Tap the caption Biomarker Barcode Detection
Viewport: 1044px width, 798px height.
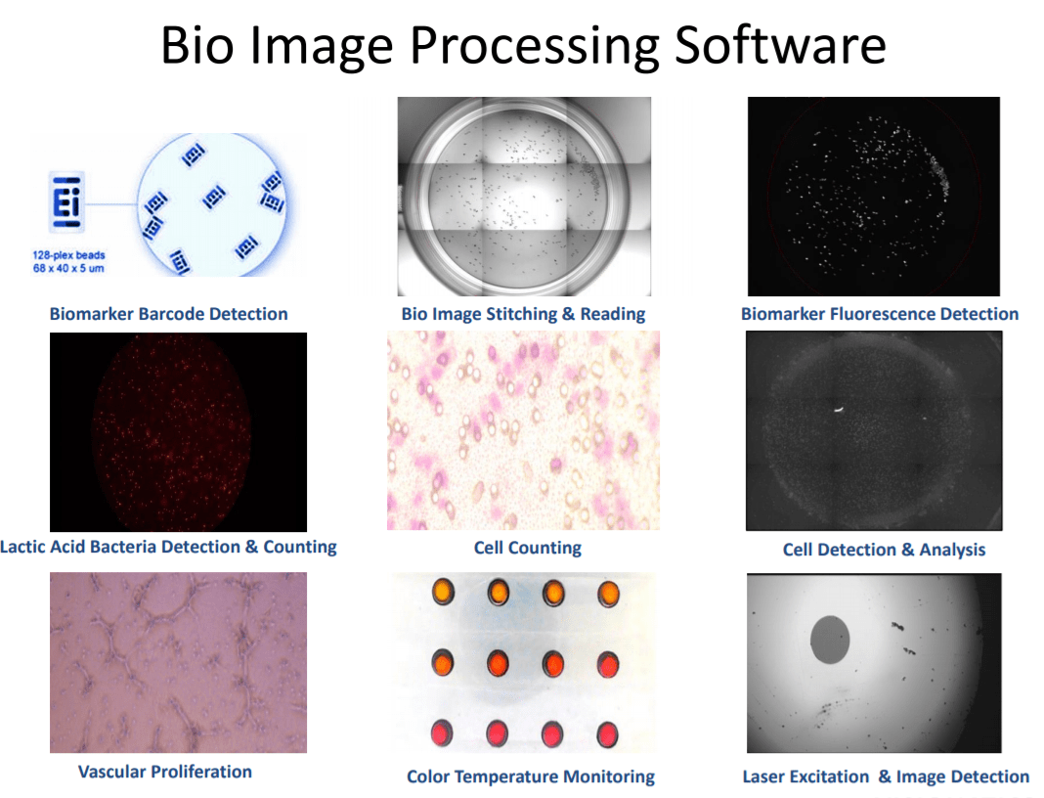click(x=168, y=314)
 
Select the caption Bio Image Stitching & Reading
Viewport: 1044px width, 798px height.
click(x=523, y=314)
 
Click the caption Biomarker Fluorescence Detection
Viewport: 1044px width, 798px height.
click(x=880, y=314)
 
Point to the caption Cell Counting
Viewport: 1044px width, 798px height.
click(x=527, y=548)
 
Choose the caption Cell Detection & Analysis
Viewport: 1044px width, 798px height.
click(x=885, y=550)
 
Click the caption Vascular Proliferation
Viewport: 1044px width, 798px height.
click(x=165, y=772)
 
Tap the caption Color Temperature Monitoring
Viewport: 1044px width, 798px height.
click(x=531, y=776)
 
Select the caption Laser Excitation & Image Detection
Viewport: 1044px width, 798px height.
click(x=886, y=776)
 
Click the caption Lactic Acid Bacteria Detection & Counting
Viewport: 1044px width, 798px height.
click(x=168, y=547)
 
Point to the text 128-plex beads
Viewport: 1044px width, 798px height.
click(x=68, y=255)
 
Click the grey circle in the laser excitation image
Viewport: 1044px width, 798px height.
click(x=830, y=640)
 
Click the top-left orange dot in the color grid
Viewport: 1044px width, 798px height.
click(x=443, y=592)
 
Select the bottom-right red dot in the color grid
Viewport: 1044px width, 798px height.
click(x=607, y=734)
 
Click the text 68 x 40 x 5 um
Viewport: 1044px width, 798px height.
click(x=68, y=268)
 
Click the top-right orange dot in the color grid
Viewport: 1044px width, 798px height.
click(x=608, y=594)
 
